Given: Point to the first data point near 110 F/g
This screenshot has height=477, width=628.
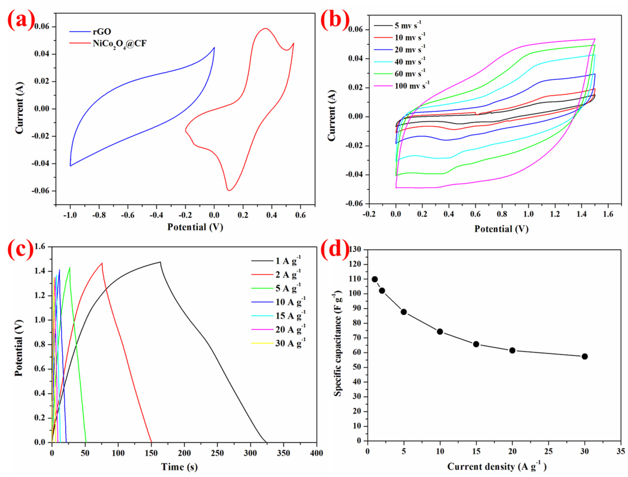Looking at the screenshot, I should pos(375,279).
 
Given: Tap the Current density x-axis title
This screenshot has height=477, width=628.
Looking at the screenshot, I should pos(497,466).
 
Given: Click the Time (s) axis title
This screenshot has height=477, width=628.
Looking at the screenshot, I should pos(179,467).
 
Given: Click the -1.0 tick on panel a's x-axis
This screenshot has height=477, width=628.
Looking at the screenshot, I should pos(70,215).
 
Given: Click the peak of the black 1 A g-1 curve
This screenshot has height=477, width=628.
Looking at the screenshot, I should pos(160,262).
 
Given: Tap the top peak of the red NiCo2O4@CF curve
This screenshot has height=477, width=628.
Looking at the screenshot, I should pos(265,28).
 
